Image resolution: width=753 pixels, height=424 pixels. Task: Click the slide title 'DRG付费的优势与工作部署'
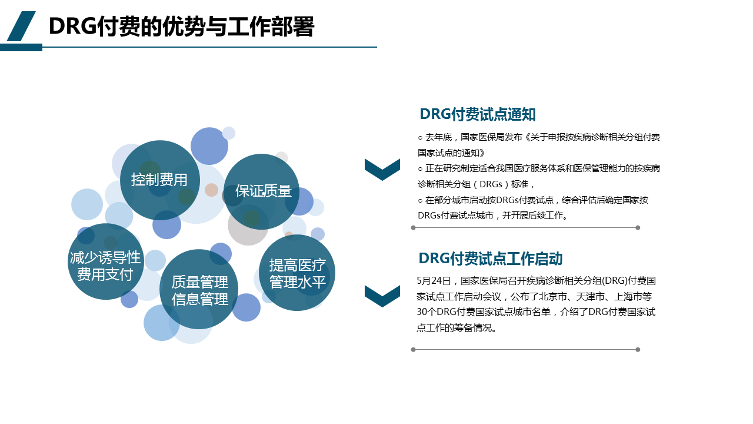coord(182,26)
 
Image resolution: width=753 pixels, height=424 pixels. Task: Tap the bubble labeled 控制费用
coord(160,180)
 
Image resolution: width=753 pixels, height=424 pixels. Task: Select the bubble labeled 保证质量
coord(262,191)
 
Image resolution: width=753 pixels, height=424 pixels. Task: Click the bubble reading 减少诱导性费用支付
coord(105,261)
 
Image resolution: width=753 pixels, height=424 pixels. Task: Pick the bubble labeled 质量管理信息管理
coord(199,289)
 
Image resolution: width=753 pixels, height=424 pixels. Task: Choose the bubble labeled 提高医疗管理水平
coord(297,273)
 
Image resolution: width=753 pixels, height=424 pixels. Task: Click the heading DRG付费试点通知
coord(478,114)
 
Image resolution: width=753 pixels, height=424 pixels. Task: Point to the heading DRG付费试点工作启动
coord(491,259)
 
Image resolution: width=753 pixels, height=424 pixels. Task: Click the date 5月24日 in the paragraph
coord(434,281)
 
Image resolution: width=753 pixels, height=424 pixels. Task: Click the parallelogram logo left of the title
coord(21,26)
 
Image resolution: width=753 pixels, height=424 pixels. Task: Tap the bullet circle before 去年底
coord(420,138)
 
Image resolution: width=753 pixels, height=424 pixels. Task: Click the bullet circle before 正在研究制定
coord(420,168)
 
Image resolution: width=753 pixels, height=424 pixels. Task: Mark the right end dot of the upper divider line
coord(638,228)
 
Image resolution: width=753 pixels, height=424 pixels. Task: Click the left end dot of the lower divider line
coord(414,350)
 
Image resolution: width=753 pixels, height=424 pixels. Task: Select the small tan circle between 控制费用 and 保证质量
coord(211,190)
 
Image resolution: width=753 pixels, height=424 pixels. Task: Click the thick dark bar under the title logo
coord(21,48)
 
